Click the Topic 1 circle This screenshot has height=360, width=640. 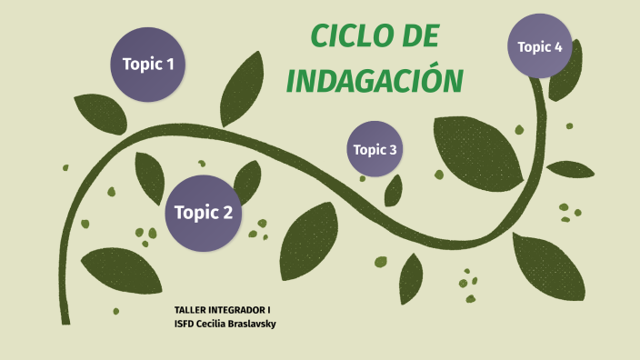(x=148, y=65)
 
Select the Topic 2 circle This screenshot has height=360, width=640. (x=204, y=213)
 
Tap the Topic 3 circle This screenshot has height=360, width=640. (x=375, y=149)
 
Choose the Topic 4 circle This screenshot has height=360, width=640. (x=540, y=46)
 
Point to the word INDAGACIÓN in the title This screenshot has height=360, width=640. (x=375, y=80)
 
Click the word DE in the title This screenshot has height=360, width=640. (x=418, y=37)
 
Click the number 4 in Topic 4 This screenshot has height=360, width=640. (x=558, y=46)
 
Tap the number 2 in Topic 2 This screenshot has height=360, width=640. (x=227, y=214)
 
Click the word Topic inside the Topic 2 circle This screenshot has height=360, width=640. (x=194, y=214)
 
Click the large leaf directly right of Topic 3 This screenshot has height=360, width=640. (x=478, y=150)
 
